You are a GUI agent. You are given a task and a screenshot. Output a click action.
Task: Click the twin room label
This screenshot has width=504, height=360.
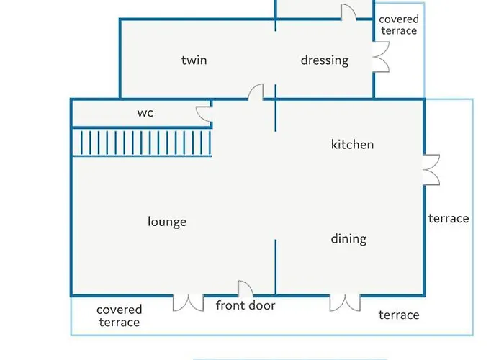pos(194,60)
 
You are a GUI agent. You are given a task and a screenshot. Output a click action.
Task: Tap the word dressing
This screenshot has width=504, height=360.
pos(325,60)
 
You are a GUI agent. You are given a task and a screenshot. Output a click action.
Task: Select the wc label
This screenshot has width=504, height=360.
pos(145,113)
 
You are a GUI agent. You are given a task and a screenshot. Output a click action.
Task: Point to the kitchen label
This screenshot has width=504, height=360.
pos(352,145)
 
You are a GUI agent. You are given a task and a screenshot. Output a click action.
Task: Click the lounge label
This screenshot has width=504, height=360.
pos(167,222)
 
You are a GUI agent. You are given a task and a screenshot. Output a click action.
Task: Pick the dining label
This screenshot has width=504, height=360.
pos(348,238)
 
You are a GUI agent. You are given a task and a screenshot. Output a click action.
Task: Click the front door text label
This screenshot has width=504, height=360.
pos(246,306)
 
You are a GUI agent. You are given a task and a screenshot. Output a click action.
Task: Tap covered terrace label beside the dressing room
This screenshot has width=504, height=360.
pos(398,25)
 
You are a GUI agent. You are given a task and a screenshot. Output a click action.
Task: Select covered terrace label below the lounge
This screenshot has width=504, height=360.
pos(120,316)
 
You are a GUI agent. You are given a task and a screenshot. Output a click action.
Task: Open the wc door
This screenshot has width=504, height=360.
pos(204,112)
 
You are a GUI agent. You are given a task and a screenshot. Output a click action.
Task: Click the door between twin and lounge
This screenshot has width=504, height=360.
pos(256,93)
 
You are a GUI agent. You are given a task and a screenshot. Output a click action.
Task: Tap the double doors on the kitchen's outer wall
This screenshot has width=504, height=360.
pos(431,170)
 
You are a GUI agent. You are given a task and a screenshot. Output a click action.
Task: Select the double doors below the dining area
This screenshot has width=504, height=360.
pos(345,303)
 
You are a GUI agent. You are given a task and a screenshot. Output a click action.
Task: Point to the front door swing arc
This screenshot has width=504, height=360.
pos(245,289)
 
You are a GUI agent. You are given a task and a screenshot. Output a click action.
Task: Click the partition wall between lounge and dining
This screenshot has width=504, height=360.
pos(276,266)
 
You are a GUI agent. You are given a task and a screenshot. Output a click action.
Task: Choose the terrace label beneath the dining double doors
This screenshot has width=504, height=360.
pos(399,315)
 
